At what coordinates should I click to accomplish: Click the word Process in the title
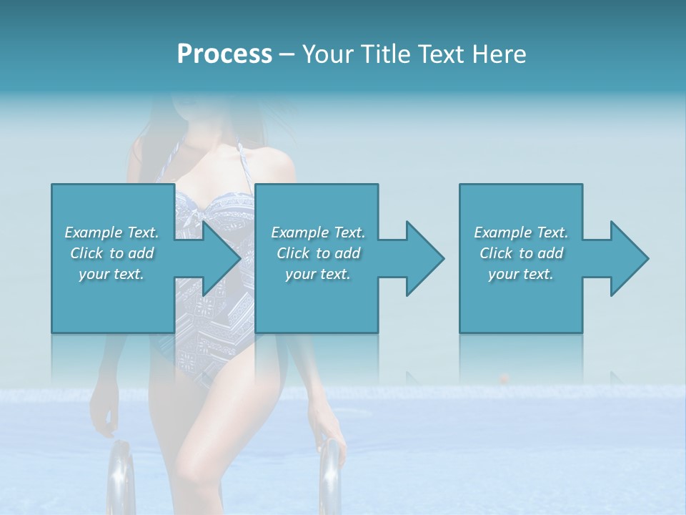coord(224,54)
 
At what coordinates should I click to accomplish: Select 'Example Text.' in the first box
coord(112,232)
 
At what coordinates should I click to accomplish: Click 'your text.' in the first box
coord(112,274)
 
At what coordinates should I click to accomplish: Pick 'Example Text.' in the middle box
coord(318,232)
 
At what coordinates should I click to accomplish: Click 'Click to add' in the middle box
coord(318,253)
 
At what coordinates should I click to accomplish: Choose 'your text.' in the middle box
coord(318,274)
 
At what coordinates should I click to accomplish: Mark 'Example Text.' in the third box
coord(521,232)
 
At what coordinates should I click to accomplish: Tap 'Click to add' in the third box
coord(521,253)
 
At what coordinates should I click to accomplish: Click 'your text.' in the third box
coord(521,274)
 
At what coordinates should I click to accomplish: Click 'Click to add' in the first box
coord(112,253)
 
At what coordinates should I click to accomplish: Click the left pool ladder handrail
coord(121,475)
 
